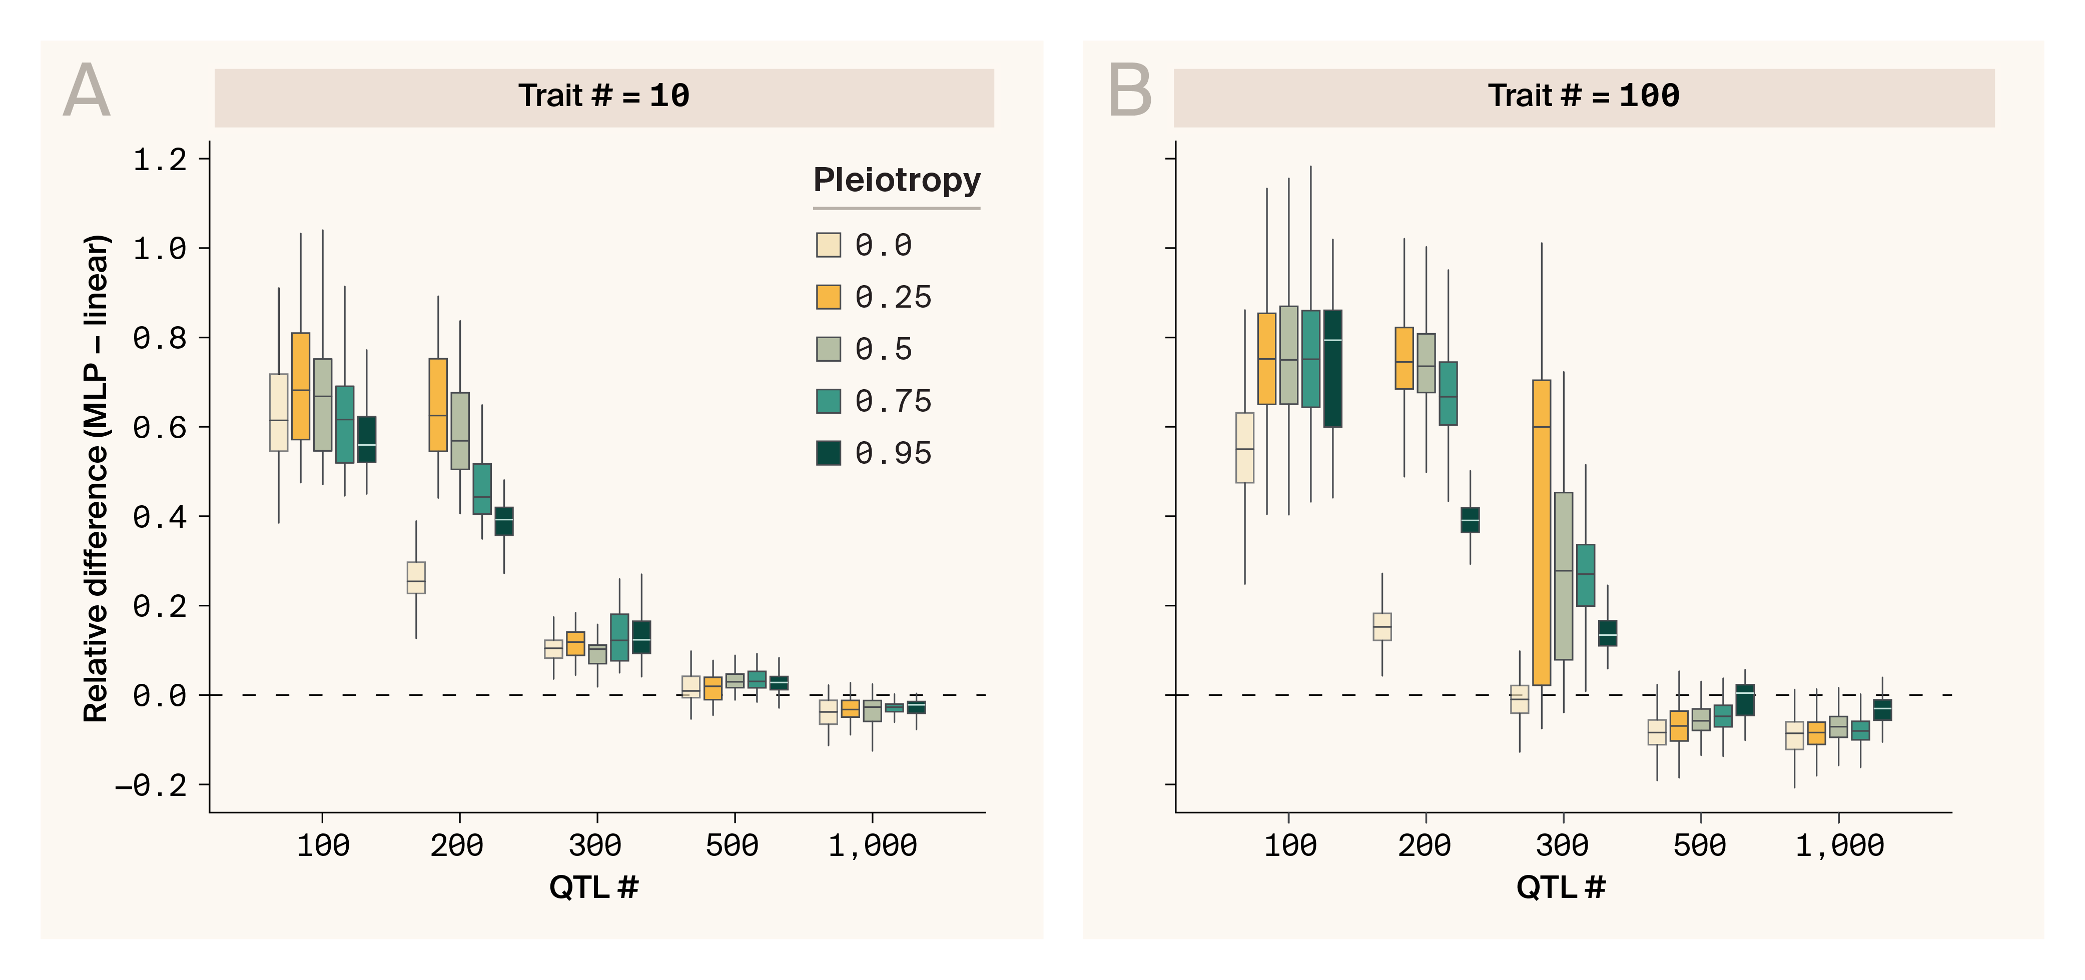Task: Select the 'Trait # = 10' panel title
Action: [x=604, y=96]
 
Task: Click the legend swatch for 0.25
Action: [x=828, y=297]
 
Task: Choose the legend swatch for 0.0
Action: [x=828, y=245]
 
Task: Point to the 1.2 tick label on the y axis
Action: [x=160, y=160]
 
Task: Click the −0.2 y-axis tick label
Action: [x=151, y=785]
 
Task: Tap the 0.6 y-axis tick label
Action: [x=160, y=427]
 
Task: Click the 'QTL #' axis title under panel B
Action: [x=1561, y=887]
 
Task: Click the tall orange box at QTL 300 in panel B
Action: [x=1542, y=532]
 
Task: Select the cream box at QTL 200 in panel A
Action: [x=416, y=578]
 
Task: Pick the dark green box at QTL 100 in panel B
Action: [x=1333, y=368]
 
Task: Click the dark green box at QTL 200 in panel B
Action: [x=1471, y=520]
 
